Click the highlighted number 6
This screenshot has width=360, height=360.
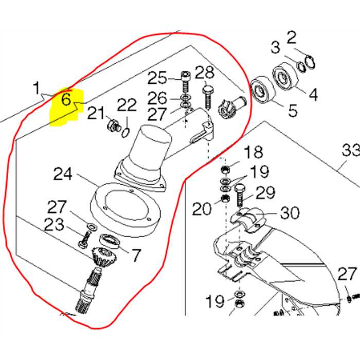coord(66,99)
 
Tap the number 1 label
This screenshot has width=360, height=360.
coord(37,88)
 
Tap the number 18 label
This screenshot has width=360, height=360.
coord(254,153)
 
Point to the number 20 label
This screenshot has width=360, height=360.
coord(203,209)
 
